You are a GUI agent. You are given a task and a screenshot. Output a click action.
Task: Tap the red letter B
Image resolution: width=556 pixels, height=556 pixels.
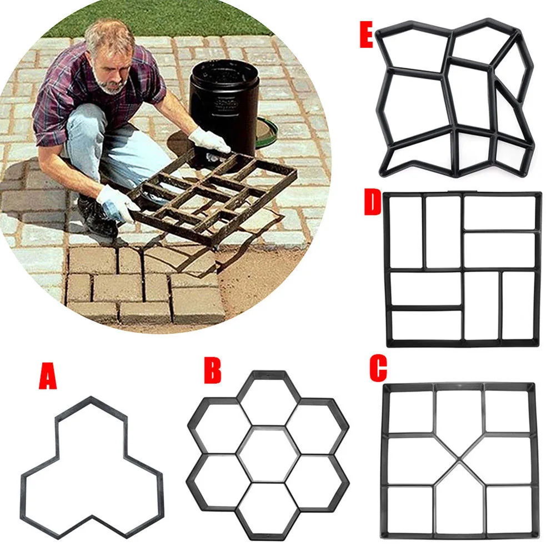click(212, 370)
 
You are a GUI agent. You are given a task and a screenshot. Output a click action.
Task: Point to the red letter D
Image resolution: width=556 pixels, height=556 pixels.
click(373, 204)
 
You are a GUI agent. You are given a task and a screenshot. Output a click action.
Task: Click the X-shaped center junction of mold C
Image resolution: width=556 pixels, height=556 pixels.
click(460, 460)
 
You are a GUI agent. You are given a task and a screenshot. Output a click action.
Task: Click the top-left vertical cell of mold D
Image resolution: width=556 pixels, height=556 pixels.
click(405, 232)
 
